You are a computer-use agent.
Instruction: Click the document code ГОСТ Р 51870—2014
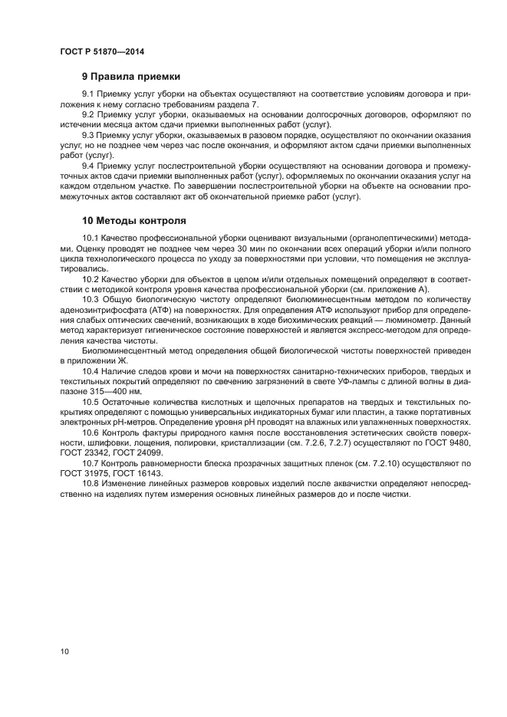(102, 51)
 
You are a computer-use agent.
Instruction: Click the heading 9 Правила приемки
(131, 77)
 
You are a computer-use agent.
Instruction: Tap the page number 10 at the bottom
(64, 652)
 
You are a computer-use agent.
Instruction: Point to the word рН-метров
(135, 422)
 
